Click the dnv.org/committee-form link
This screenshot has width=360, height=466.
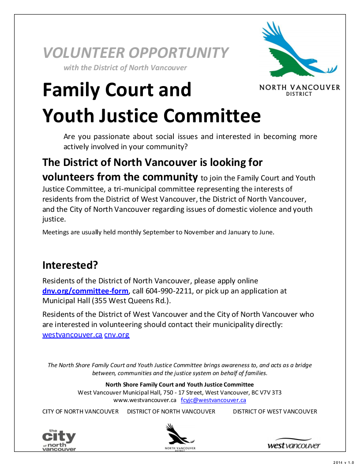click(85, 291)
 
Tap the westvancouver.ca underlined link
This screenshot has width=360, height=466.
click(72, 335)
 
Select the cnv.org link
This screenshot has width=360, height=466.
click(117, 335)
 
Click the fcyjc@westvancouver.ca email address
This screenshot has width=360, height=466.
click(214, 400)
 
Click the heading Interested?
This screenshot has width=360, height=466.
click(70, 265)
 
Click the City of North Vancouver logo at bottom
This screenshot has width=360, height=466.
click(59, 440)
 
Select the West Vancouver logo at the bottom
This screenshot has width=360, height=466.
click(294, 445)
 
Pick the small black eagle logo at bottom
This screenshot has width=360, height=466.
click(179, 436)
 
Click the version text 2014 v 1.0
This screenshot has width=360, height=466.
click(344, 462)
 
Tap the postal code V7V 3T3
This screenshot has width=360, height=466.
click(270, 392)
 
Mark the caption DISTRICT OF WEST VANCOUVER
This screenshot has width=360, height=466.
click(275, 411)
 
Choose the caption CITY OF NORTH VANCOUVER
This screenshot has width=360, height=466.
click(80, 411)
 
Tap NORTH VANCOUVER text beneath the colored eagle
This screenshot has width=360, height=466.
click(300, 87)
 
